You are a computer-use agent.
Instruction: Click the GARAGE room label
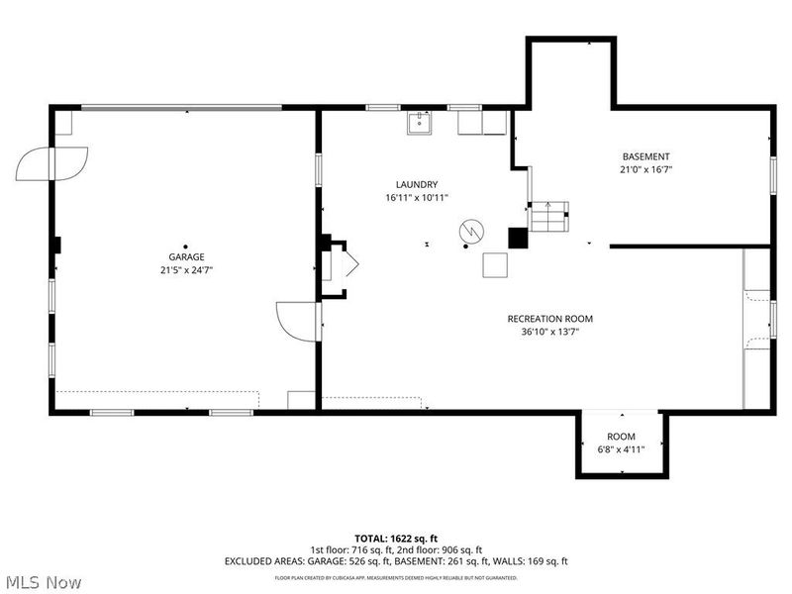[x=185, y=257]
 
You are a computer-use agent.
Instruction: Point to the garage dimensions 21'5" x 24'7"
[x=185, y=270]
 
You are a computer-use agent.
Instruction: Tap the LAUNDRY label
[x=417, y=184]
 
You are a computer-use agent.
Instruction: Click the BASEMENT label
[x=645, y=156]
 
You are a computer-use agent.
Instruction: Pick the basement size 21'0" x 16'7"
[x=645, y=170]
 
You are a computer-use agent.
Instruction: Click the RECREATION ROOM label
[x=549, y=319]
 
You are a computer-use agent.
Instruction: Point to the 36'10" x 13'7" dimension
[x=549, y=333]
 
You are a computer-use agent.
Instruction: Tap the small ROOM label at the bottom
[x=621, y=437]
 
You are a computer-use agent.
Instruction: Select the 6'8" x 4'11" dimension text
[x=621, y=449]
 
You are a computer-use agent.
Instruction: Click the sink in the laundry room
[x=418, y=123]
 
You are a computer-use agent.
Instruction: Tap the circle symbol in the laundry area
[x=469, y=231]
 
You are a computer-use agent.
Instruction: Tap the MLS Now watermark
[x=44, y=582]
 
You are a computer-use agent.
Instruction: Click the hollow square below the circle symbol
[x=495, y=265]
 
